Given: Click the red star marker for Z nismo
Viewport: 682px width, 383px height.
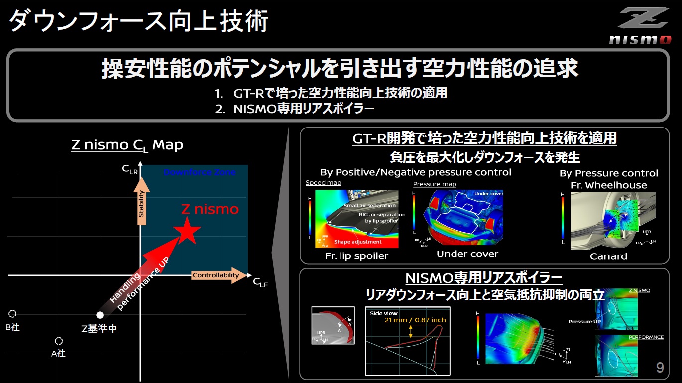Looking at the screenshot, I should [x=188, y=231].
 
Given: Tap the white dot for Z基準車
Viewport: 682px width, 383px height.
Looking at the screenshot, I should [x=100, y=315].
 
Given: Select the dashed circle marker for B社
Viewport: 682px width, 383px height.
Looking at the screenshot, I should [x=12, y=314].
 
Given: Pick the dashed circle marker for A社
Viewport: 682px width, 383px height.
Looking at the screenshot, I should [x=59, y=341].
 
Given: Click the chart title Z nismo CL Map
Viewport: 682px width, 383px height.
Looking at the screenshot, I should [x=127, y=145].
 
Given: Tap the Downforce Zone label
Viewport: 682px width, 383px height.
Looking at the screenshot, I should [x=200, y=172].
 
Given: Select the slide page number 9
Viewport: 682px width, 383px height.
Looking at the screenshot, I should [x=660, y=368].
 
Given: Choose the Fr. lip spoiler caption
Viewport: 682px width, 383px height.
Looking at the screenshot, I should [x=356, y=256].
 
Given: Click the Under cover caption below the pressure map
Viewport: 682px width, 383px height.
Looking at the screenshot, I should [x=467, y=254].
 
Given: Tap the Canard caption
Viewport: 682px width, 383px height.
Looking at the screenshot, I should [x=608, y=256].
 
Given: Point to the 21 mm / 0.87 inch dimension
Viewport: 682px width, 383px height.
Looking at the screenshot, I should [x=415, y=320].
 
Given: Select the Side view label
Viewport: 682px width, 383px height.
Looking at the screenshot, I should [x=384, y=313].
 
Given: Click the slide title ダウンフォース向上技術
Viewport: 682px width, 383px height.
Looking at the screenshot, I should [x=139, y=22].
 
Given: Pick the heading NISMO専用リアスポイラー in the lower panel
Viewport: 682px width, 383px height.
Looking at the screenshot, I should [x=484, y=278].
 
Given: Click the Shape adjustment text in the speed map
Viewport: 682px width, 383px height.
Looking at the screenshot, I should [x=357, y=242].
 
